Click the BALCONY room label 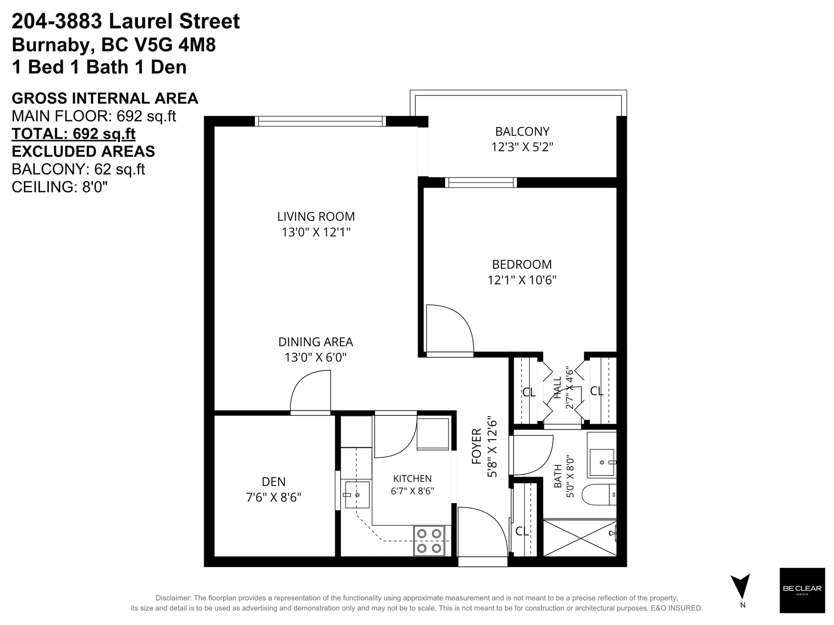point(522,131)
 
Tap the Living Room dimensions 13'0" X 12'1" point(316,232)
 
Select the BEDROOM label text point(522,264)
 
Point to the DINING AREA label point(316,342)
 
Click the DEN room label point(274,481)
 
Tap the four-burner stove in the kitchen point(429,541)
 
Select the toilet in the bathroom point(599,495)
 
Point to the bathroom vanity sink point(602,462)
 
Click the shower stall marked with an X point(580,537)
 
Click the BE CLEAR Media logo point(802,590)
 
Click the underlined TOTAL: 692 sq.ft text point(73,134)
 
